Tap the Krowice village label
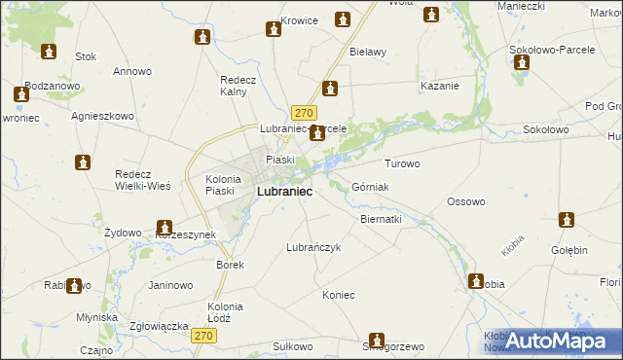[299, 20]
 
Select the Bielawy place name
[368, 52]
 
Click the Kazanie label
[439, 87]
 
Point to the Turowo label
[402, 163]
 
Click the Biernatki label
[381, 220]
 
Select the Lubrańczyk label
[312, 247]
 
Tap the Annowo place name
[132, 71]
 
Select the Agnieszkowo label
[102, 115]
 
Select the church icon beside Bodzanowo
[21, 95]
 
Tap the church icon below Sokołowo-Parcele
[521, 63]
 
